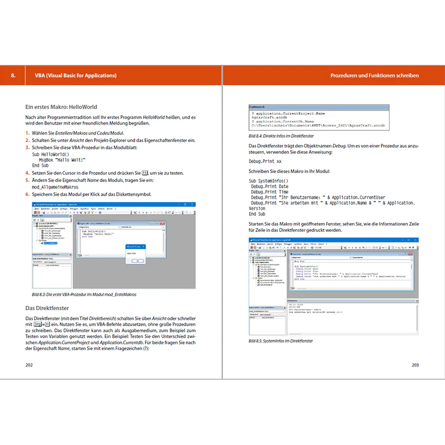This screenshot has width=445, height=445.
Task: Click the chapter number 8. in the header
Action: (x=14, y=75)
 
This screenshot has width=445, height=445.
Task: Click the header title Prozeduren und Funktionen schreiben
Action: (x=374, y=75)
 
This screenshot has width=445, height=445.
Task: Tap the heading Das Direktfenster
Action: (x=47, y=308)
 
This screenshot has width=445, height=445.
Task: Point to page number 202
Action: (x=29, y=364)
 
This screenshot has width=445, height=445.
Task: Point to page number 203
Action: (x=415, y=364)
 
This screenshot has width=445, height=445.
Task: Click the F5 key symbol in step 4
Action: (x=145, y=172)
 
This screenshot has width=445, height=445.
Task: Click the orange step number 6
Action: (x=27, y=194)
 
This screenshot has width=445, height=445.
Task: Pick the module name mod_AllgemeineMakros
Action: (x=55, y=186)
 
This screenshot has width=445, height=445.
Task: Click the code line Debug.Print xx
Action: (x=265, y=161)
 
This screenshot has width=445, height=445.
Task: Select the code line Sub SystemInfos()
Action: (x=269, y=181)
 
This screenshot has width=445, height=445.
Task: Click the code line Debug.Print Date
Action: (x=270, y=186)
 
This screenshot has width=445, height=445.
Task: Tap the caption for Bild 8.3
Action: (x=81, y=294)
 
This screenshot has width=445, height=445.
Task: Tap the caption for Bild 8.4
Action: (x=284, y=136)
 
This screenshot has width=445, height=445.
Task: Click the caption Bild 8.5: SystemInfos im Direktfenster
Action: (x=281, y=341)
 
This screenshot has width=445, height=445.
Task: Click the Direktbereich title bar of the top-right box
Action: (x=319, y=106)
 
